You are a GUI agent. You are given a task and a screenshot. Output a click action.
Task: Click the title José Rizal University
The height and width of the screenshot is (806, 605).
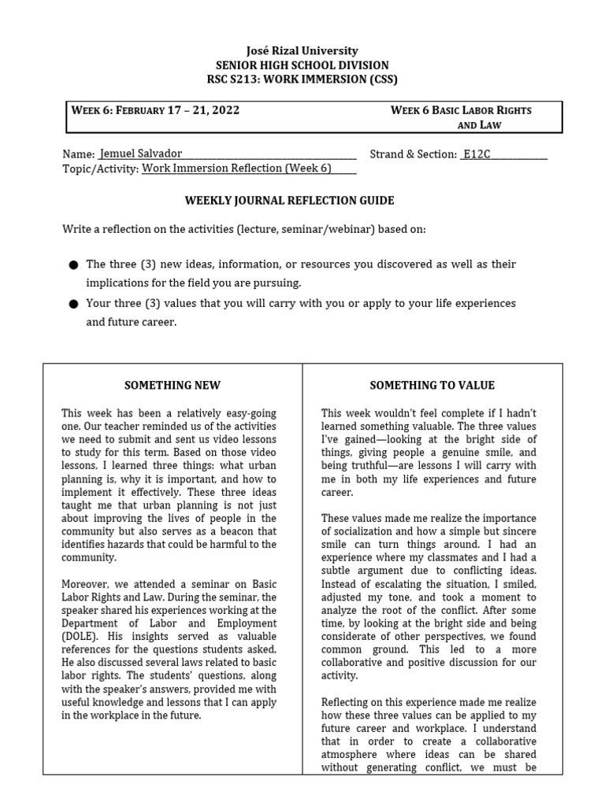coord(302,50)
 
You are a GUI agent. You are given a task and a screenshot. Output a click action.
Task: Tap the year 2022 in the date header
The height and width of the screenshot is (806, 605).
coord(223,110)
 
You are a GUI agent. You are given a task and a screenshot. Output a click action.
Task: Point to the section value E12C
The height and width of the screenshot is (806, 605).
coord(477,154)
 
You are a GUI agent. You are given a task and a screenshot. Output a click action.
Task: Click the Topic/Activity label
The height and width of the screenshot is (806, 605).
coord(100,168)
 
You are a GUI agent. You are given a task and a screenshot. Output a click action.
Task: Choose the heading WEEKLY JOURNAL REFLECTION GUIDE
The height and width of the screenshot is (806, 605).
coord(289,201)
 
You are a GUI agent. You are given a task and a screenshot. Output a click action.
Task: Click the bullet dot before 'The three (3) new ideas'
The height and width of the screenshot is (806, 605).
coord(73,265)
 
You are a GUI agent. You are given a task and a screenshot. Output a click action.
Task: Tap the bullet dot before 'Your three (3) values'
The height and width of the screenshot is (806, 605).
coord(73,304)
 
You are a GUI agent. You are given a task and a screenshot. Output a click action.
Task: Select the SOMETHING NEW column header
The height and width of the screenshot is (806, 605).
coord(173,385)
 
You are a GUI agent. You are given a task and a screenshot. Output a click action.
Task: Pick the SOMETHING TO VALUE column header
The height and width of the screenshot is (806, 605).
coord(432,385)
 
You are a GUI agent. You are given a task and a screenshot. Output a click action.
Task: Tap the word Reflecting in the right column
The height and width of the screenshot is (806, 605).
coord(347,702)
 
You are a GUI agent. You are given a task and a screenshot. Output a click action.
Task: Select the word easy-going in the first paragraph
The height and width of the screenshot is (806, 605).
coord(249,413)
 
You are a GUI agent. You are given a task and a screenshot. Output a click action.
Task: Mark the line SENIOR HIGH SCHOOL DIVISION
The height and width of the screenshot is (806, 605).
coord(302,65)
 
